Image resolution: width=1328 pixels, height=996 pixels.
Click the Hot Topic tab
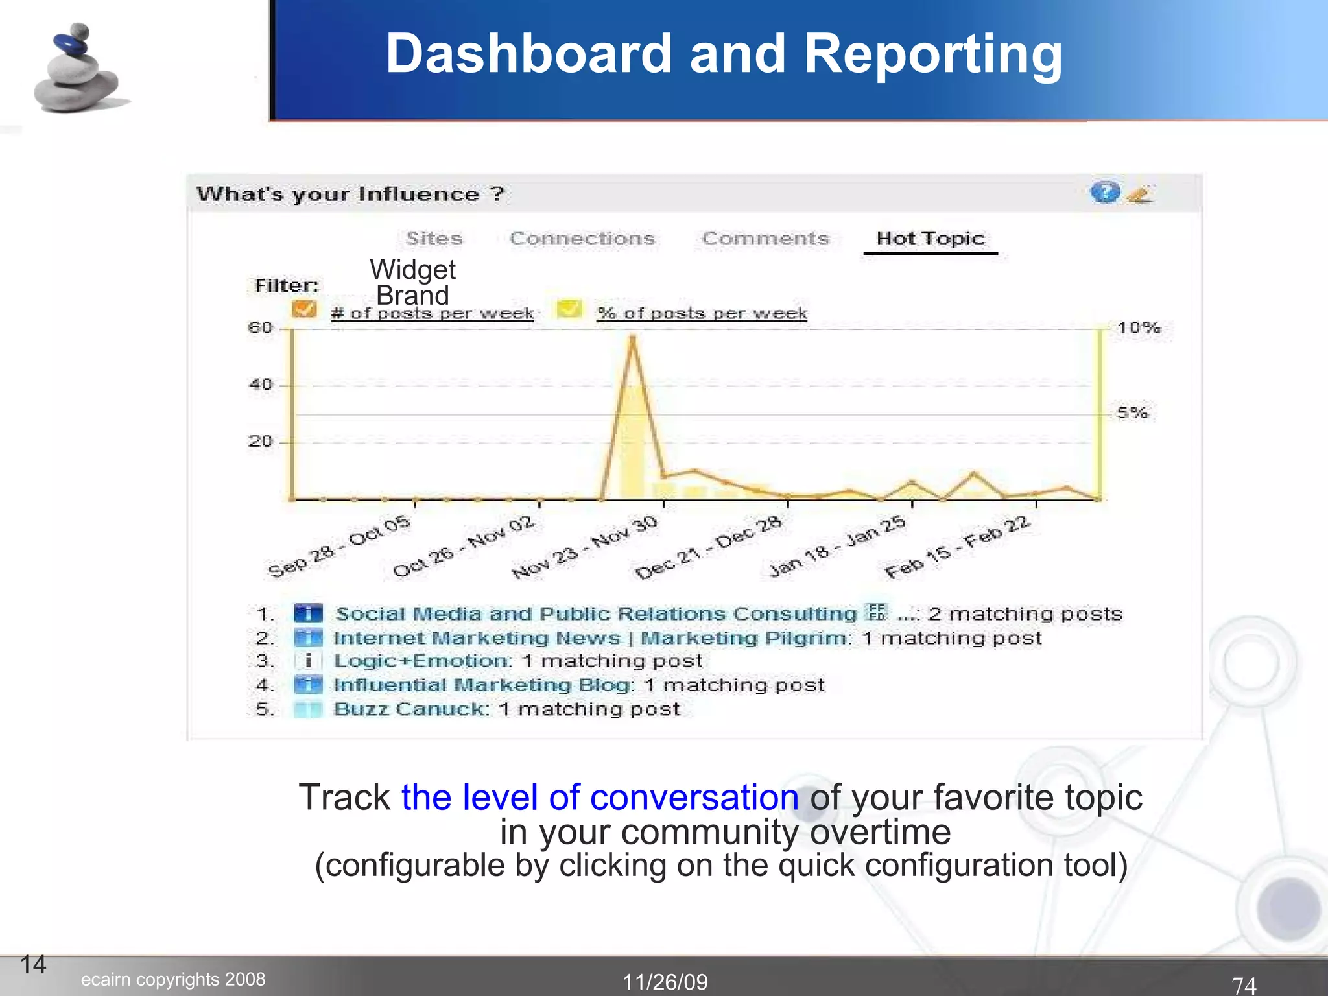[930, 239]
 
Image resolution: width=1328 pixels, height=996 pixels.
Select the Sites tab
[434, 239]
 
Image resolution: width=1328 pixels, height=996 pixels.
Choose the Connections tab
[582, 239]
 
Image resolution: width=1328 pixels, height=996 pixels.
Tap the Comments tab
[765, 239]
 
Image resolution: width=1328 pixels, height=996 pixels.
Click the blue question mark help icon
[1105, 192]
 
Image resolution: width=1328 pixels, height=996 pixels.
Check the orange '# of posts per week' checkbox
[304, 309]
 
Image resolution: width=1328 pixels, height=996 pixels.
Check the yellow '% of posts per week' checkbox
[569, 309]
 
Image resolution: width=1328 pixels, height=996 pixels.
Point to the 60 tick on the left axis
[261, 327]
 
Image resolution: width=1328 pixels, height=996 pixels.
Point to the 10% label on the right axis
[1139, 327]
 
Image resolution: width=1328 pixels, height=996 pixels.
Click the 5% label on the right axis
[1132, 412]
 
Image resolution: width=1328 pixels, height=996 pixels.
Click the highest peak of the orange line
[632, 337]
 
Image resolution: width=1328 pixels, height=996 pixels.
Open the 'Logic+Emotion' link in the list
[421, 661]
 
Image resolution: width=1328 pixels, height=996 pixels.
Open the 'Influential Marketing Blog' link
[483, 685]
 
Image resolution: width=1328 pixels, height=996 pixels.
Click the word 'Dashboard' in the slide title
[528, 54]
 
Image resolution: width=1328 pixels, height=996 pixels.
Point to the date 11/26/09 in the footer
[665, 982]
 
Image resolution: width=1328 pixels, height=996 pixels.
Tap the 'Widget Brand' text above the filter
[412, 283]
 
